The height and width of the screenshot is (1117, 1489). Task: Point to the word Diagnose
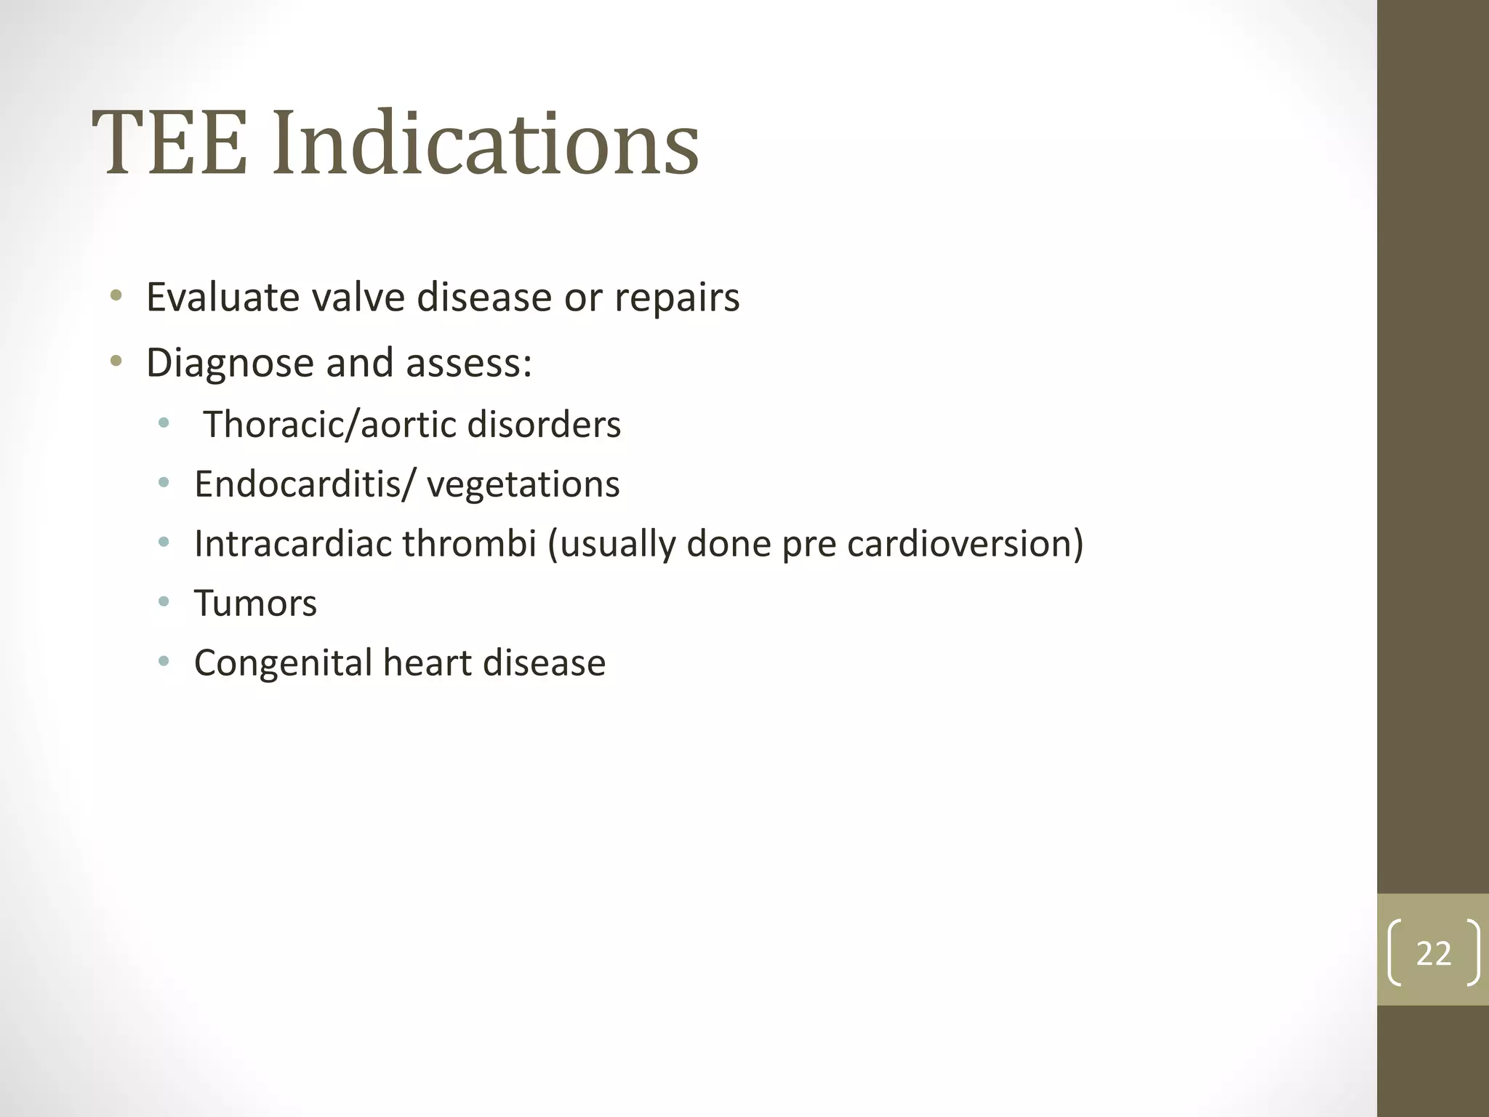click(230, 363)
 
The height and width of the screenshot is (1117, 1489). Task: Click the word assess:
click(469, 363)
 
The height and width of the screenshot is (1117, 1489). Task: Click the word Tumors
click(255, 604)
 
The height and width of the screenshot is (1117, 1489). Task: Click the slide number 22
click(1433, 953)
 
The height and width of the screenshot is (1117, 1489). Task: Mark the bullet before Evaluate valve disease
click(116, 296)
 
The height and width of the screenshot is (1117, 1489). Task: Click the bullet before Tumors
click(164, 601)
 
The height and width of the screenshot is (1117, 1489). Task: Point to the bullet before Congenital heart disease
click(164, 661)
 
